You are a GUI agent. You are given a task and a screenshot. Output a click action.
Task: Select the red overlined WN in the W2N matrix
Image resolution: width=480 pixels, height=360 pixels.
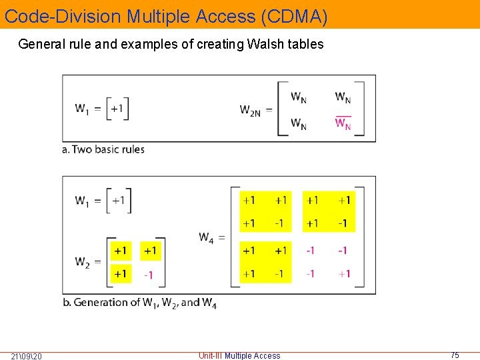[343, 124]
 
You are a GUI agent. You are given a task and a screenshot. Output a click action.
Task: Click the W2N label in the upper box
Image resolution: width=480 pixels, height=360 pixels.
[251, 109]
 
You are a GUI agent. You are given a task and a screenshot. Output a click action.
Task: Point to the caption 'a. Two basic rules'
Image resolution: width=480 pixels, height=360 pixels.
[103, 149]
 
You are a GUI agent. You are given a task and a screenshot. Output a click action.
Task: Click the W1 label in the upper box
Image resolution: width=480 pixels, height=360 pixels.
[83, 109]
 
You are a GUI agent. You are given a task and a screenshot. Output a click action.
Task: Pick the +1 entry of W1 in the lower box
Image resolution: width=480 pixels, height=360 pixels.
[118, 200]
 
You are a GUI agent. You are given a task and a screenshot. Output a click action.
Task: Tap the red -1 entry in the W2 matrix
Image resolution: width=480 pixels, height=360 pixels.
[149, 275]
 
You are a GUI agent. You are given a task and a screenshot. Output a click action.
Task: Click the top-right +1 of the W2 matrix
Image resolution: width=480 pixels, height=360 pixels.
[150, 251]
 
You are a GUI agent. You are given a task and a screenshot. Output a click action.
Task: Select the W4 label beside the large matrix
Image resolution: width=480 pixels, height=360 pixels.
[207, 236]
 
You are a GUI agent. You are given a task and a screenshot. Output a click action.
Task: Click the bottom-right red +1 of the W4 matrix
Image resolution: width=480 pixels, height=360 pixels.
[343, 273]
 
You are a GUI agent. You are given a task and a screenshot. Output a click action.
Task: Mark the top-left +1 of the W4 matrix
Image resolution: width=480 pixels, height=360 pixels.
[249, 200]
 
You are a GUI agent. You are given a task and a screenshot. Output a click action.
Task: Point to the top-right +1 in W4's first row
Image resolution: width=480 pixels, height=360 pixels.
[343, 200]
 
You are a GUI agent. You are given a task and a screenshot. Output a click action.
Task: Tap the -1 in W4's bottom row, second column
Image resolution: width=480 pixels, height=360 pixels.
[279, 273]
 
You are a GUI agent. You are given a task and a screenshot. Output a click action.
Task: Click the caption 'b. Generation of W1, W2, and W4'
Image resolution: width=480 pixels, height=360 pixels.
[139, 303]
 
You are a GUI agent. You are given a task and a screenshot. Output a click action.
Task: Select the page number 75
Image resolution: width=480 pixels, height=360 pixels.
[455, 355]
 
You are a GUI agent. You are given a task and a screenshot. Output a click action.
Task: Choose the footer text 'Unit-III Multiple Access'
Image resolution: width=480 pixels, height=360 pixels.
[239, 356]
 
